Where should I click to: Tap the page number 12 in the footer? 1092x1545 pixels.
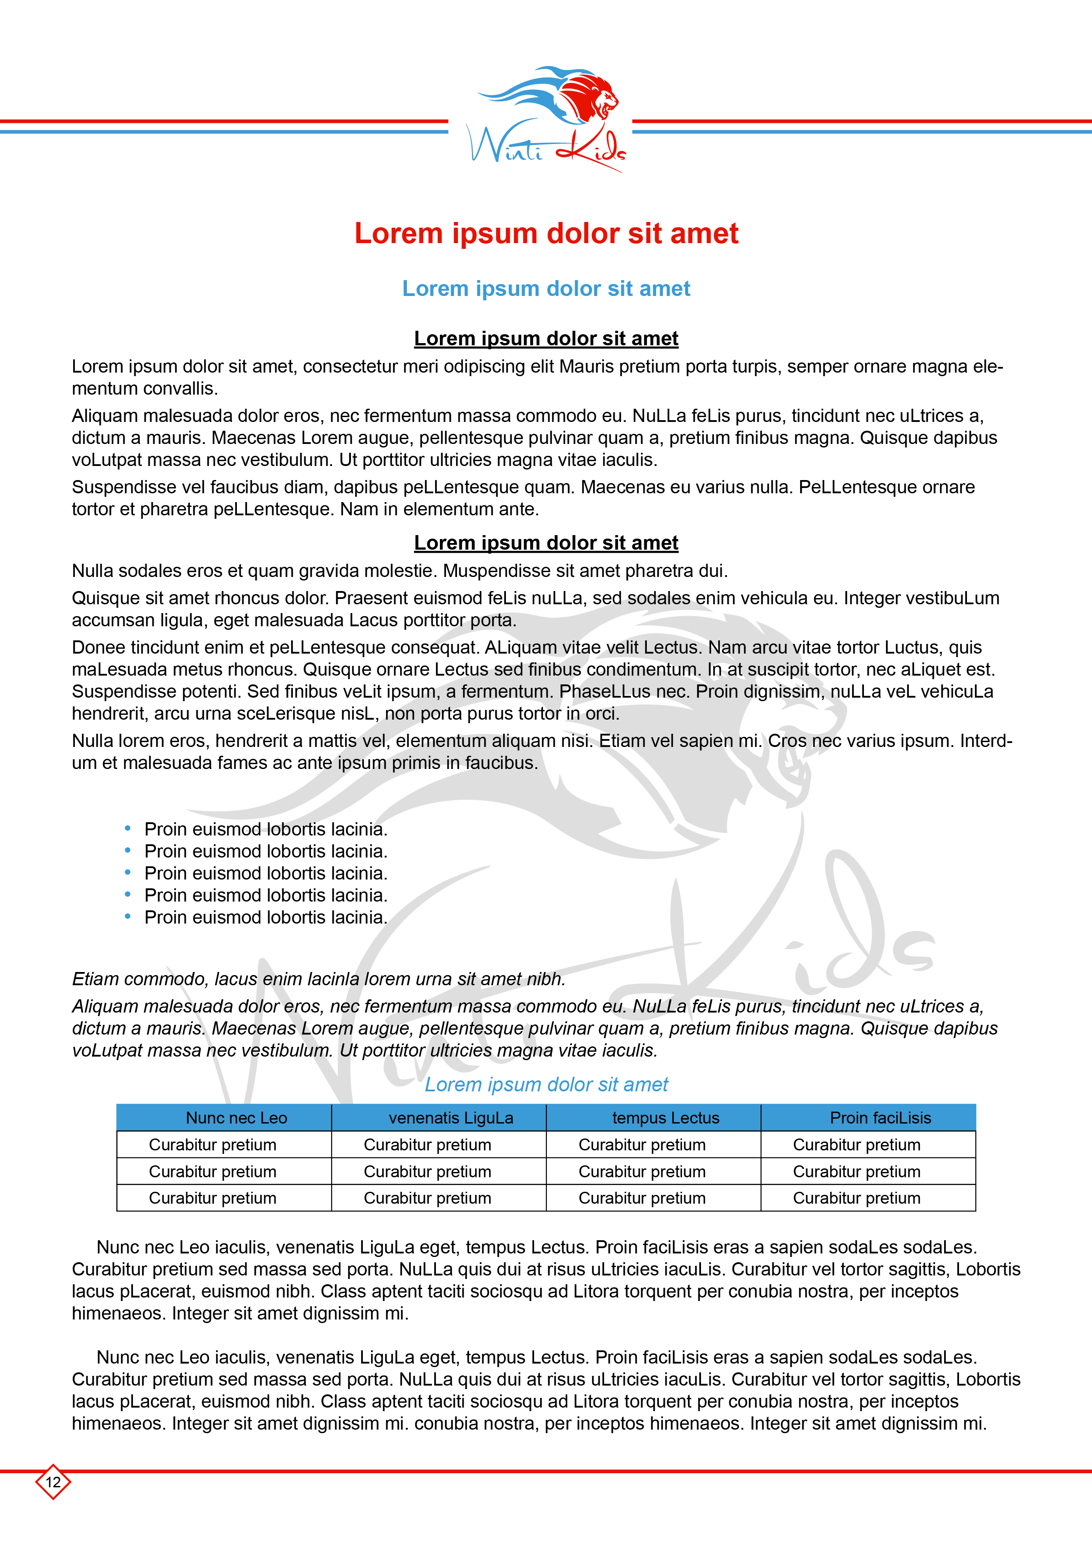click(53, 1482)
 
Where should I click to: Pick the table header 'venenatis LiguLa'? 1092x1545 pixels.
click(451, 1118)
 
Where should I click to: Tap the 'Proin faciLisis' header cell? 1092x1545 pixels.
click(880, 1118)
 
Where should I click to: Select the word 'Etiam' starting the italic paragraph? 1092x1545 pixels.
click(95, 979)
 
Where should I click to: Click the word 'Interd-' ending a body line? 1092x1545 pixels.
click(986, 741)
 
